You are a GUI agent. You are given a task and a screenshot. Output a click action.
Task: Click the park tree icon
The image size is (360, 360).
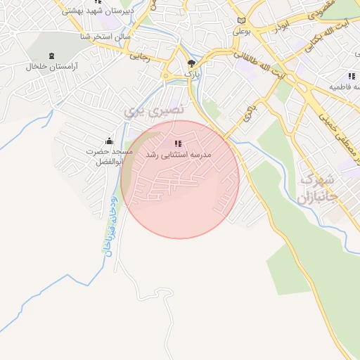[x=191, y=64]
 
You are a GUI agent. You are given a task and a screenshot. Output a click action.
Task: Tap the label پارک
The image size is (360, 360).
[x=192, y=74]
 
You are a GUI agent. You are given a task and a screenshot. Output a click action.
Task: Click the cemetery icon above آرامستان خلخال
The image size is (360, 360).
[x=51, y=56]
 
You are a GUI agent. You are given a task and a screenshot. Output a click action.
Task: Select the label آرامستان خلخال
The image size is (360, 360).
[x=51, y=66]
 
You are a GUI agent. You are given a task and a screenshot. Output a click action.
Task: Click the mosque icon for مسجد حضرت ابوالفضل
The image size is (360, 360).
[x=108, y=141]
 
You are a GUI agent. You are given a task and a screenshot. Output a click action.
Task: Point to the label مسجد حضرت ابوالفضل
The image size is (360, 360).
[x=105, y=156]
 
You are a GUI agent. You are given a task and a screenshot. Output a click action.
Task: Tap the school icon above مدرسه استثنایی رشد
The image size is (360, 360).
[x=176, y=143]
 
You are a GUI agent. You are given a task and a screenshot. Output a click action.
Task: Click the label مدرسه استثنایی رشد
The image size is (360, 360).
[x=176, y=153]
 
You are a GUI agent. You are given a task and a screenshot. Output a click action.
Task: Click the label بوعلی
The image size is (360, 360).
[x=242, y=32]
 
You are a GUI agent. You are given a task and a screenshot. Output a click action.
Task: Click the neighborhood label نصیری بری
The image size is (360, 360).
[x=153, y=110]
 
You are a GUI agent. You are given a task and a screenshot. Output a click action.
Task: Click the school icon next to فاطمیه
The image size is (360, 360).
[x=351, y=76]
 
